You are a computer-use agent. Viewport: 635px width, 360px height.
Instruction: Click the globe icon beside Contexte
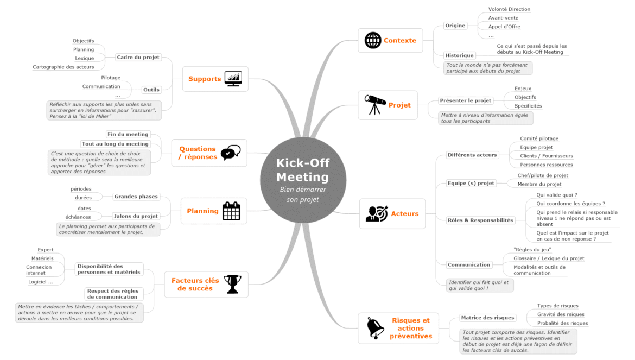372,41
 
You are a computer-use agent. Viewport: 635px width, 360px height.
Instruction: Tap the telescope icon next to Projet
374,105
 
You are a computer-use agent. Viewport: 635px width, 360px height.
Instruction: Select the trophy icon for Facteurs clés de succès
232,284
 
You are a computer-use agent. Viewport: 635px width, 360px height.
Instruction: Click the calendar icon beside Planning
231,211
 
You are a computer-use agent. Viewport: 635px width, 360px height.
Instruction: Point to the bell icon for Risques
375,328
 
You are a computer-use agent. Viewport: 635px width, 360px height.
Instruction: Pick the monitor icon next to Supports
233,79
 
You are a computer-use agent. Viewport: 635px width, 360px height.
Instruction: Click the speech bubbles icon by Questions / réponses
231,153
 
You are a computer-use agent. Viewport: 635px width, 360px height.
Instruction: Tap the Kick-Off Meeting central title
303,170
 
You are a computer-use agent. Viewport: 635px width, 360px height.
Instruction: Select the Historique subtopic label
459,55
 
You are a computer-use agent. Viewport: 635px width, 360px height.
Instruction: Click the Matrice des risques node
487,318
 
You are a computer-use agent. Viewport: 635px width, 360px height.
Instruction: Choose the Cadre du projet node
138,57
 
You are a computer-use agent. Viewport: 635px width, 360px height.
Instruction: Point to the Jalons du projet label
136,216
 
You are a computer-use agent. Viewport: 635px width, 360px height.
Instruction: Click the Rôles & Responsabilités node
480,220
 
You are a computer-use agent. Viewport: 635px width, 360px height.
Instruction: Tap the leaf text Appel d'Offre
504,27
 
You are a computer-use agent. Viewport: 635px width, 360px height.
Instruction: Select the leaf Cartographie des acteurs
63,67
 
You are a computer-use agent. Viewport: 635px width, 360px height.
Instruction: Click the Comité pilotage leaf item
539,138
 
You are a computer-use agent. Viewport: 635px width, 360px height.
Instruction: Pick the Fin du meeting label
128,134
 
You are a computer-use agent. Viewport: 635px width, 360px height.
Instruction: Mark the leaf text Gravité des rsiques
561,314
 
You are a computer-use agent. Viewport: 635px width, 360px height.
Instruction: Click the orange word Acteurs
404,214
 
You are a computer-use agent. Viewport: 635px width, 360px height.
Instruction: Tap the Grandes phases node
136,197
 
